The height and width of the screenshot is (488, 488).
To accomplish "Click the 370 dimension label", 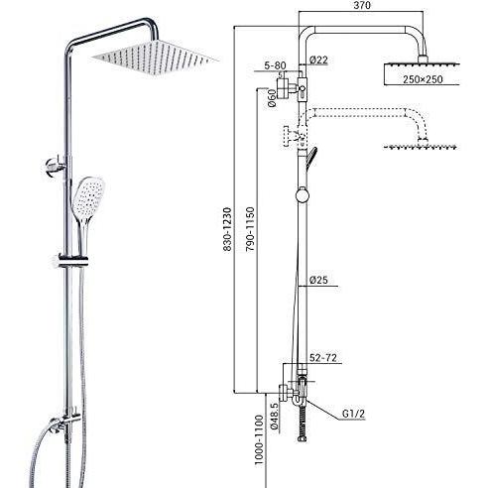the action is click(x=362, y=5).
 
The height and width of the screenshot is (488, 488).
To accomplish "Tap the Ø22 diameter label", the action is click(x=318, y=60).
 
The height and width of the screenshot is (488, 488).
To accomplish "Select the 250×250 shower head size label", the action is click(x=423, y=79).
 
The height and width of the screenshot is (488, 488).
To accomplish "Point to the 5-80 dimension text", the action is click(x=275, y=65).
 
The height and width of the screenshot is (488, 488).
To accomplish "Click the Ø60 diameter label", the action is click(x=272, y=98).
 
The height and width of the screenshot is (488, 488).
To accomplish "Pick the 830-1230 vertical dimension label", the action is click(x=227, y=229).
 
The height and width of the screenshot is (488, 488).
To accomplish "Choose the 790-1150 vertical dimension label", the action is click(x=250, y=229).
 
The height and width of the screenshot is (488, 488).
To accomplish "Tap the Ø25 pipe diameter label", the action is click(x=318, y=280).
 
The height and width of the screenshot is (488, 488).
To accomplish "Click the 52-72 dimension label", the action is click(x=323, y=358).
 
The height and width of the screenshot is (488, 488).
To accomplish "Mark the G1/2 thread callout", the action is click(x=353, y=414).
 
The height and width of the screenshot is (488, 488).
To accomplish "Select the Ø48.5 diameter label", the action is click(x=274, y=416).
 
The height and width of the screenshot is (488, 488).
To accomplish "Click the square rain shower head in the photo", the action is click(x=156, y=57).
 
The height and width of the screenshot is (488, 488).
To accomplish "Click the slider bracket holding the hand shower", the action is click(x=72, y=261).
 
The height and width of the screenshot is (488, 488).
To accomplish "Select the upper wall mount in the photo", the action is click(x=56, y=165).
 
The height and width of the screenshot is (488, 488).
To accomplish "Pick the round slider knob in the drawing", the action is click(x=303, y=194).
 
